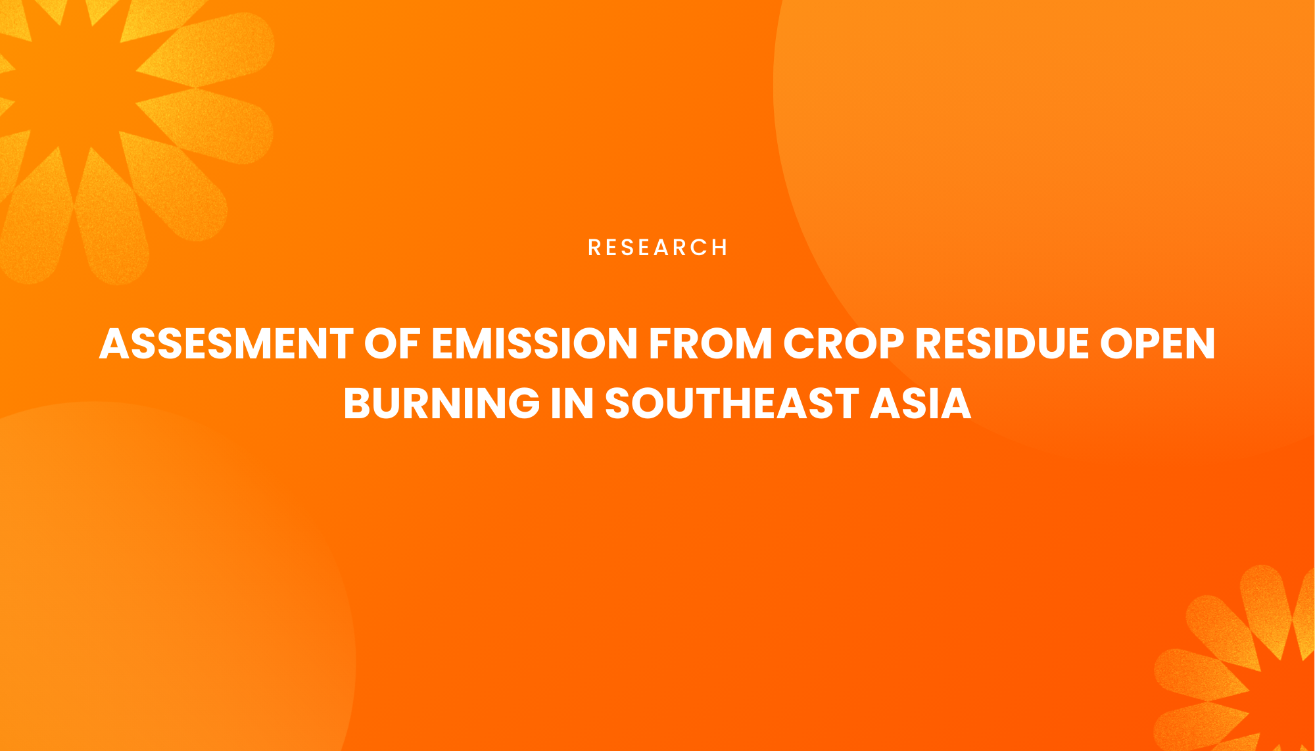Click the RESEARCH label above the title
coord(657,247)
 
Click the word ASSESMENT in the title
coord(226,344)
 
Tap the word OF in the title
coord(393,344)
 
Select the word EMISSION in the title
coord(535,344)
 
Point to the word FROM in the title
coord(710,344)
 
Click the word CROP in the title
coord(844,344)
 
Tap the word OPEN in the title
coord(1157,344)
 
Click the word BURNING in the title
coord(441,403)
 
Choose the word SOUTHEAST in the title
coord(732,403)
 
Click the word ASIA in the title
coord(920,403)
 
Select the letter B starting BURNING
coord(359,403)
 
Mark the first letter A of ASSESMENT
coord(114,344)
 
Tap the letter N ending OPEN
coord(1198,344)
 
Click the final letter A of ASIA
coord(955,403)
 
